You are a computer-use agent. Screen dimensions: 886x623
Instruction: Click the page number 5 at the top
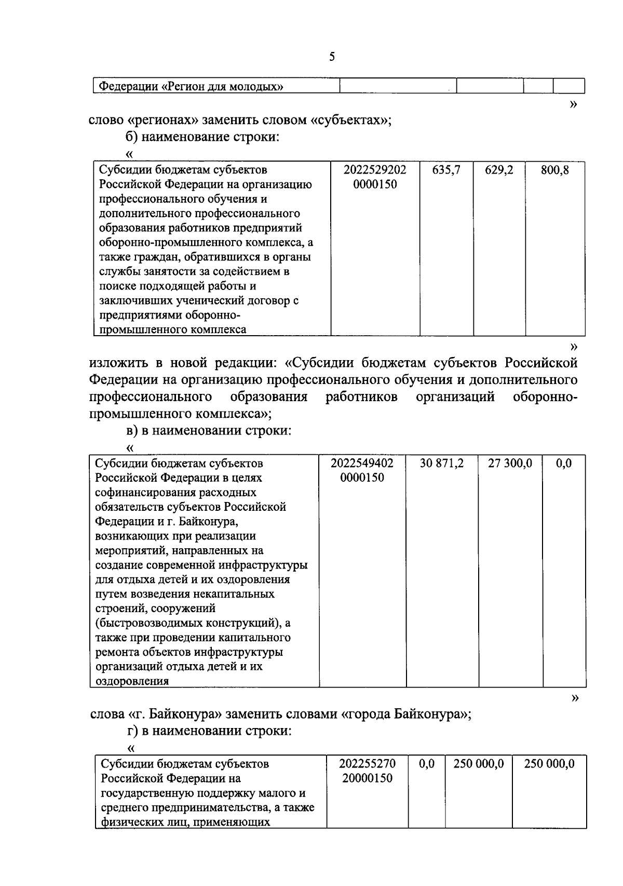332,57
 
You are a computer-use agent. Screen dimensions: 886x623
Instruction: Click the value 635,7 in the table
446,170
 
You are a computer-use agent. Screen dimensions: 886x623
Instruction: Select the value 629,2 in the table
499,170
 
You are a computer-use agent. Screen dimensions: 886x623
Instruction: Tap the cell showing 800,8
554,170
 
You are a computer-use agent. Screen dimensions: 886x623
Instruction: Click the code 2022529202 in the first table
375,170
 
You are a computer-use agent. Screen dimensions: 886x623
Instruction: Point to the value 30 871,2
441,463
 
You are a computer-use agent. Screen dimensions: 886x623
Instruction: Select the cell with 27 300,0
510,463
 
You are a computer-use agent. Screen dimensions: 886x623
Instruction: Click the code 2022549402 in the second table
362,463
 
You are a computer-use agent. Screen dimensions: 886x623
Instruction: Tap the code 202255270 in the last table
367,764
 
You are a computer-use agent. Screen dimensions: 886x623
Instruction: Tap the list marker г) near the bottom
132,731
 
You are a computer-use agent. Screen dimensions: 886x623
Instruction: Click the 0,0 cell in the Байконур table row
563,463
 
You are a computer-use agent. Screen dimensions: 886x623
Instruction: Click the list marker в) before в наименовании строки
132,431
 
